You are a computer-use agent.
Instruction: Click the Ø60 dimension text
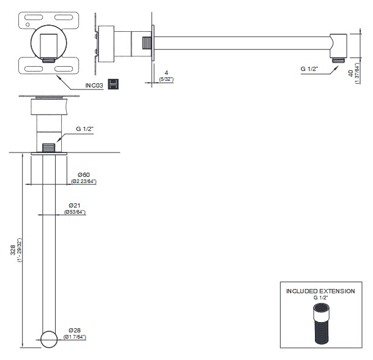84,174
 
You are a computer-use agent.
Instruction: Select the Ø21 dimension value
75,204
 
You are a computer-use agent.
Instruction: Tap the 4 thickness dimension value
166,72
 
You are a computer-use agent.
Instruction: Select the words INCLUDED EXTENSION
320,291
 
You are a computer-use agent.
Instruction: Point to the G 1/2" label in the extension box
320,298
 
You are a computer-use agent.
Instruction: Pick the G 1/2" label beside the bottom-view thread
85,130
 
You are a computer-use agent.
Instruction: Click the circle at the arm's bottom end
49,338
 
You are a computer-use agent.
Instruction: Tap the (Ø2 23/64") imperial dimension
84,182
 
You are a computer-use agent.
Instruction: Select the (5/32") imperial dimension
166,80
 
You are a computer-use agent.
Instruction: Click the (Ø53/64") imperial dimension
75,212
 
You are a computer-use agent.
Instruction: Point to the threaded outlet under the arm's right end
337,59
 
